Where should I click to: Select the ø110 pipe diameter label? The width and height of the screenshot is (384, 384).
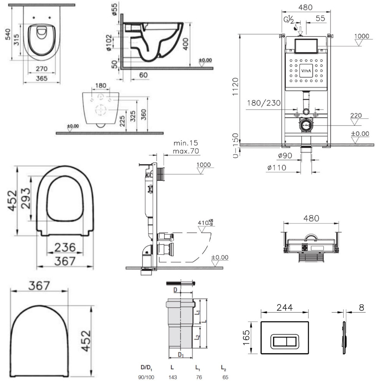[278, 167]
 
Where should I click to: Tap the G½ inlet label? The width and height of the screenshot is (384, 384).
[289, 19]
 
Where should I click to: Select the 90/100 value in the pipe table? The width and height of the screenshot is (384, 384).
[147, 377]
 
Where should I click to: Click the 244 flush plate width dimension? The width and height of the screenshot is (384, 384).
[284, 307]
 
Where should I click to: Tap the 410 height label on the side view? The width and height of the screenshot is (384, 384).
[204, 223]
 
